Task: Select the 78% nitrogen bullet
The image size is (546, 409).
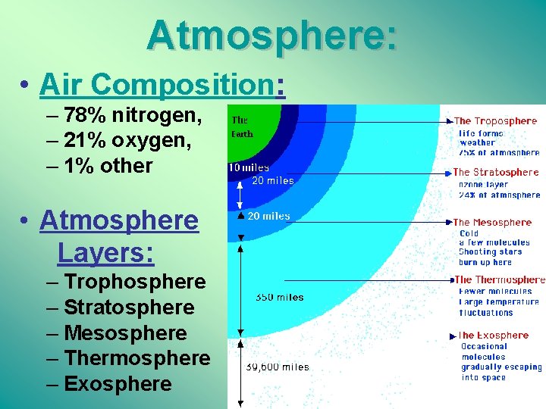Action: click(x=133, y=116)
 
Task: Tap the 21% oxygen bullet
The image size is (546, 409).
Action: click(x=127, y=141)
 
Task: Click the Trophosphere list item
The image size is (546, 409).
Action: click(x=135, y=282)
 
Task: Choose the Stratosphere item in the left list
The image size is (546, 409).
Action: click(x=129, y=308)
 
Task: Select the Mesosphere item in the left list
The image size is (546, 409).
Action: click(x=125, y=333)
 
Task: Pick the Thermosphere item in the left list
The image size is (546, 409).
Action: click(x=136, y=358)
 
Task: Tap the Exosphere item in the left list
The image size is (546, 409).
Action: click(x=118, y=384)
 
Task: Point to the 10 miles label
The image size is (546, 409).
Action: click(x=249, y=167)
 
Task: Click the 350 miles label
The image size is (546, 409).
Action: click(x=279, y=298)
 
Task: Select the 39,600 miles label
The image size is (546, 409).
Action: click(x=278, y=367)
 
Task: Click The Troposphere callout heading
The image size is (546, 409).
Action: click(x=495, y=121)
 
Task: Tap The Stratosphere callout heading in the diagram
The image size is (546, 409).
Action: click(x=495, y=173)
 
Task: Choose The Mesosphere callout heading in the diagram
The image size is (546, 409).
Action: click(x=492, y=223)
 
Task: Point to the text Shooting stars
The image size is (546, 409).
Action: click(x=490, y=252)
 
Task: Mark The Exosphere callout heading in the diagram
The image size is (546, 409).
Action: click(x=493, y=336)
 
